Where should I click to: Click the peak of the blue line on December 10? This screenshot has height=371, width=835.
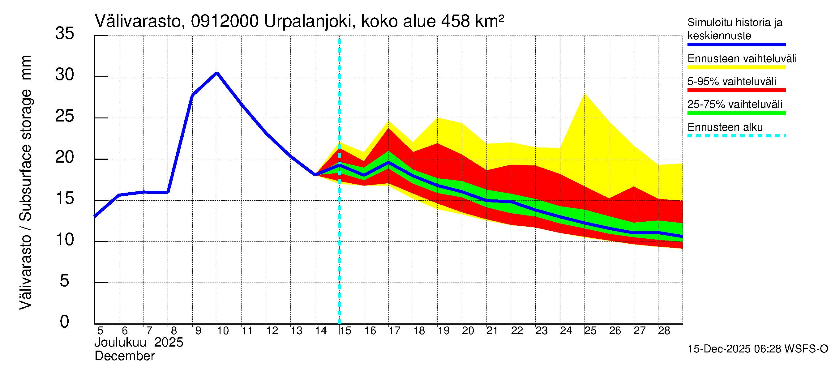pos(217,73)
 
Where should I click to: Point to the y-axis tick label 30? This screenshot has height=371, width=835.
pos(65,75)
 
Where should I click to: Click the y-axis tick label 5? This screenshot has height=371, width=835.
pos(65,281)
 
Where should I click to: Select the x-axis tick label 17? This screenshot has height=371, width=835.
pos(394,330)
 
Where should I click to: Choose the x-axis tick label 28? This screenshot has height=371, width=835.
pos(664,330)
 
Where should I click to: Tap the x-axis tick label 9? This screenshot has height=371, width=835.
pos(198,330)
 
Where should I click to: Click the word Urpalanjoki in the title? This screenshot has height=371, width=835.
pos(308,21)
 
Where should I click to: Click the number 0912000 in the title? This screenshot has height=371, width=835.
pos(225,21)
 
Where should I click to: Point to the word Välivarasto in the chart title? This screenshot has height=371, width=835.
pos(138,21)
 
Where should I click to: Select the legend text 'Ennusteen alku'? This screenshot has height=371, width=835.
pos(725,127)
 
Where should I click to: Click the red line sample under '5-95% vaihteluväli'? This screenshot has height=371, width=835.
pos(736,90)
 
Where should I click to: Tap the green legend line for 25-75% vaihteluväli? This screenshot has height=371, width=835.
pos(736,113)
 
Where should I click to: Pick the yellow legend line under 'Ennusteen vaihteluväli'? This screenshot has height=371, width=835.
pos(736,67)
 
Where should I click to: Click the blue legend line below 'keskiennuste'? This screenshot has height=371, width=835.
pos(736,45)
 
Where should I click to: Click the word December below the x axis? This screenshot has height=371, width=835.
pos(124,356)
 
